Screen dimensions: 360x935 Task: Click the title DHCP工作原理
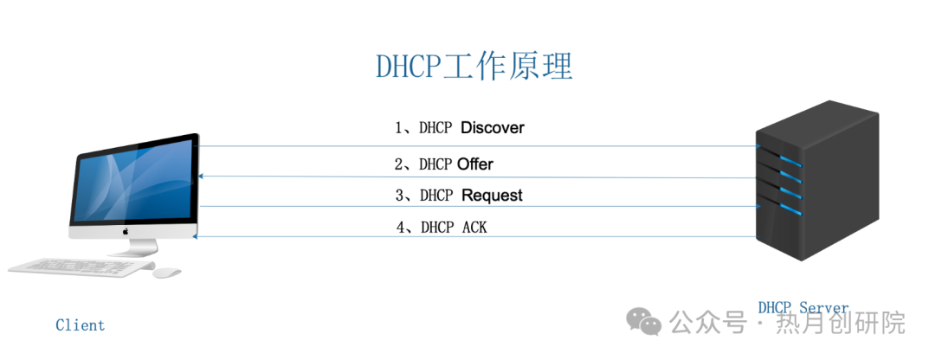474,67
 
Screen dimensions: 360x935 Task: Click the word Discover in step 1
493,128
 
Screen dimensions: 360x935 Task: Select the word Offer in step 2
475,164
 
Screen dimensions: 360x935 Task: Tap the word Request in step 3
492,196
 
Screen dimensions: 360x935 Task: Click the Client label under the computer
80,325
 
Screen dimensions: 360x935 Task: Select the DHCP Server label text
803,308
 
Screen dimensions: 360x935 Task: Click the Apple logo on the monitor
125,232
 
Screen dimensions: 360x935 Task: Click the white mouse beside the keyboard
167,272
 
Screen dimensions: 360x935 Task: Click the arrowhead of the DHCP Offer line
201,176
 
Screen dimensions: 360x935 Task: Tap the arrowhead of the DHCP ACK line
197,235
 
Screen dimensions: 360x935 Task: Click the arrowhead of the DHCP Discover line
758,147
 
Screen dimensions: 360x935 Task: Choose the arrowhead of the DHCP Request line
758,206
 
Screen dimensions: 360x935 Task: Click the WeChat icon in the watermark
644,322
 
